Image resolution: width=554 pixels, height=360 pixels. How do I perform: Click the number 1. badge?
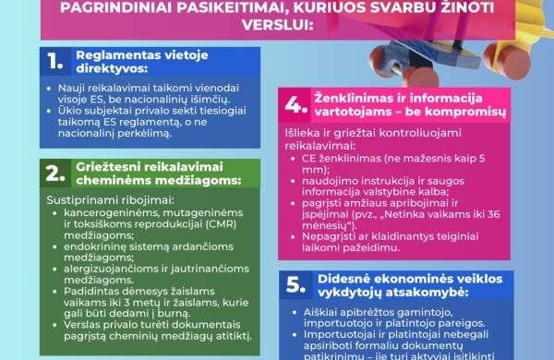tap(56, 62)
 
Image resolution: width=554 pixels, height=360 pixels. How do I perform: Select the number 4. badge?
tap(295, 106)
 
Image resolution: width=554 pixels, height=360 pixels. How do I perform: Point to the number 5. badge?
tap(295, 285)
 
